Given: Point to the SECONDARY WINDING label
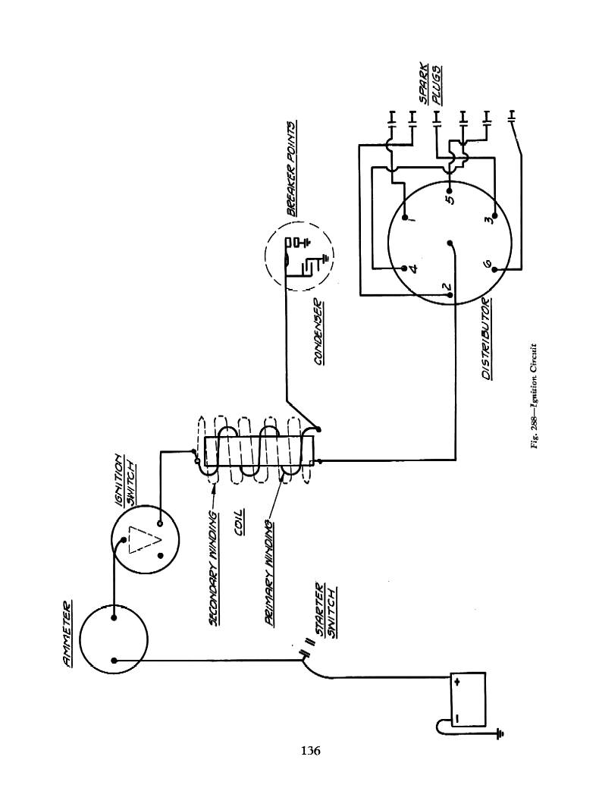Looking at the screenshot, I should click(214, 568).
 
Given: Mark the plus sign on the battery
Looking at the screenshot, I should click(457, 682).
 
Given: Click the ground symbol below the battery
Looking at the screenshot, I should click(498, 733).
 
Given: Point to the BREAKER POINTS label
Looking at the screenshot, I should click(292, 168).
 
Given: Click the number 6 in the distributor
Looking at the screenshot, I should click(488, 265).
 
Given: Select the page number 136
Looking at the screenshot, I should click(311, 751).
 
